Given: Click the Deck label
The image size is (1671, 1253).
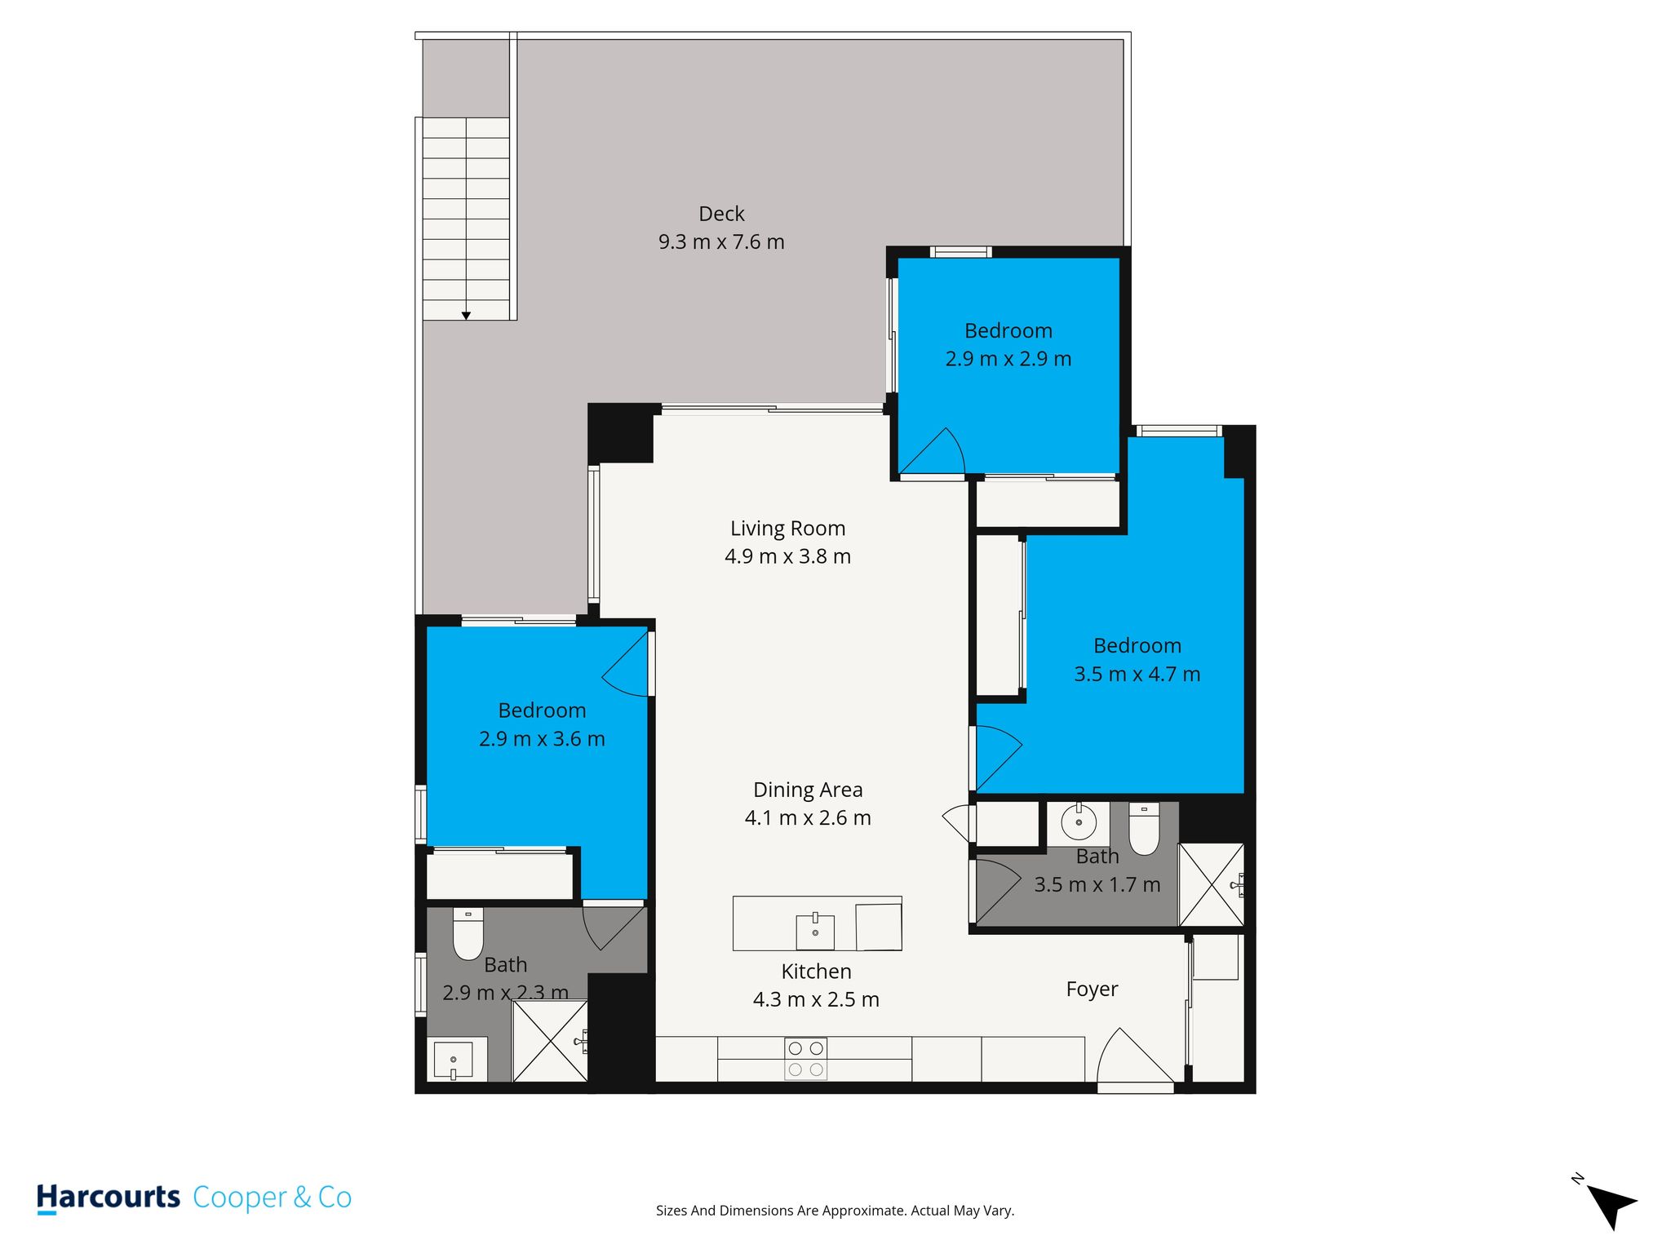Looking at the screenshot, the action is tap(721, 214).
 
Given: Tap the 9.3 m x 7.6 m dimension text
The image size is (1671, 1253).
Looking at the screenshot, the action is tap(721, 242).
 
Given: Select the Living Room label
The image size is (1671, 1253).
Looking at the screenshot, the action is tap(787, 529).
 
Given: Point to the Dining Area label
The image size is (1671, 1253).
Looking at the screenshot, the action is tap(808, 790).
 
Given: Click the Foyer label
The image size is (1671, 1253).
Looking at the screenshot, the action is tap(1092, 990).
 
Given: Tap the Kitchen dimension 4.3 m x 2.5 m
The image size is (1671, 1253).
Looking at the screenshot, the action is tap(816, 1000).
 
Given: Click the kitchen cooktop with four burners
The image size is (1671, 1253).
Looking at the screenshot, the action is tap(805, 1059).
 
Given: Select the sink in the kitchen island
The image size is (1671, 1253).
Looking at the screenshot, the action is tap(815, 930).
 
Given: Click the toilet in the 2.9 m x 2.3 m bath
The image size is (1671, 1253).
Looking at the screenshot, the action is tap(468, 934).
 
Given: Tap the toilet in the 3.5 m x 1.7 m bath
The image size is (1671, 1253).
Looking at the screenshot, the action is tap(1144, 829).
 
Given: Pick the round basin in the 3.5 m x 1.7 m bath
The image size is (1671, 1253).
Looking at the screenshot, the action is tap(1079, 822).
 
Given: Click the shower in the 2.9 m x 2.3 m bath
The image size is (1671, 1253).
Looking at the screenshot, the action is tap(550, 1041).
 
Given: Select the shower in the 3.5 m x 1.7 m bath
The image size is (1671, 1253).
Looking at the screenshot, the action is tap(1212, 884).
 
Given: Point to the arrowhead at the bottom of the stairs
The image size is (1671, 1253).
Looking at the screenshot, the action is tap(466, 316).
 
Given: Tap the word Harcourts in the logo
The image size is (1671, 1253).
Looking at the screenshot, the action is tap(109, 1198).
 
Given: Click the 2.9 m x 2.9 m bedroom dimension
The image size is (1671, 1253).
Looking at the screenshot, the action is tap(1008, 359).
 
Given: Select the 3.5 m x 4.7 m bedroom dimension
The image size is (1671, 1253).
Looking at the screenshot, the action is tap(1137, 675).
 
